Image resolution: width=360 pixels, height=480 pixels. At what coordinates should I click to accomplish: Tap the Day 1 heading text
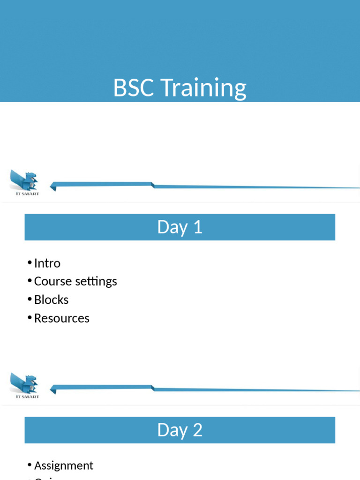tap(180, 227)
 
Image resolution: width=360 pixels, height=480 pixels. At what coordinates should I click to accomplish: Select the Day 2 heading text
tap(180, 430)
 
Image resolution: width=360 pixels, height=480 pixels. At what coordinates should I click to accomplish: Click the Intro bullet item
tap(47, 263)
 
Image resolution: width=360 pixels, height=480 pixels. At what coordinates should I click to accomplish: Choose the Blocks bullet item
tap(51, 300)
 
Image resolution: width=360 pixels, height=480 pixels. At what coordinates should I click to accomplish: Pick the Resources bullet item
tap(61, 318)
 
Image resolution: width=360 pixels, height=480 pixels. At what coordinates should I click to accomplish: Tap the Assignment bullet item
tap(63, 465)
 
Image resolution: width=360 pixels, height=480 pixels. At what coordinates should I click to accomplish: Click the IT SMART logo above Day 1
tap(24, 182)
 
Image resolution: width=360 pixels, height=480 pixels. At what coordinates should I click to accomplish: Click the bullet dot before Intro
tap(30, 262)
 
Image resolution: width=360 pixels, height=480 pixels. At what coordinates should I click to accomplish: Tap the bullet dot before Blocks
tap(30, 299)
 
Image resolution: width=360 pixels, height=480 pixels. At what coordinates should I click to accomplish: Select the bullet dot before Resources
tap(30, 317)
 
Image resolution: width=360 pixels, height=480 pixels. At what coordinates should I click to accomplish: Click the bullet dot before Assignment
tap(30, 465)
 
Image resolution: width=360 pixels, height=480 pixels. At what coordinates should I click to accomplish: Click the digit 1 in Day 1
tap(198, 227)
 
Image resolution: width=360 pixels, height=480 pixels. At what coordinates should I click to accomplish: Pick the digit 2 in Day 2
tap(197, 430)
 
